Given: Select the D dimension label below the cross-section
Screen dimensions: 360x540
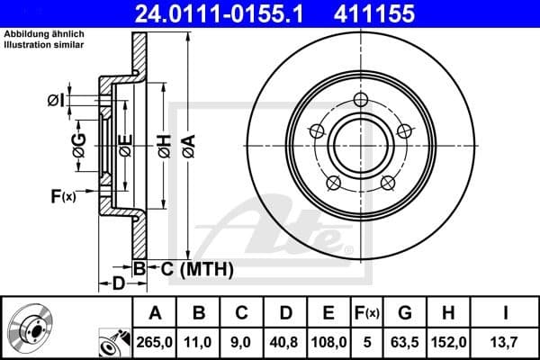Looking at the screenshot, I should (119, 285).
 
